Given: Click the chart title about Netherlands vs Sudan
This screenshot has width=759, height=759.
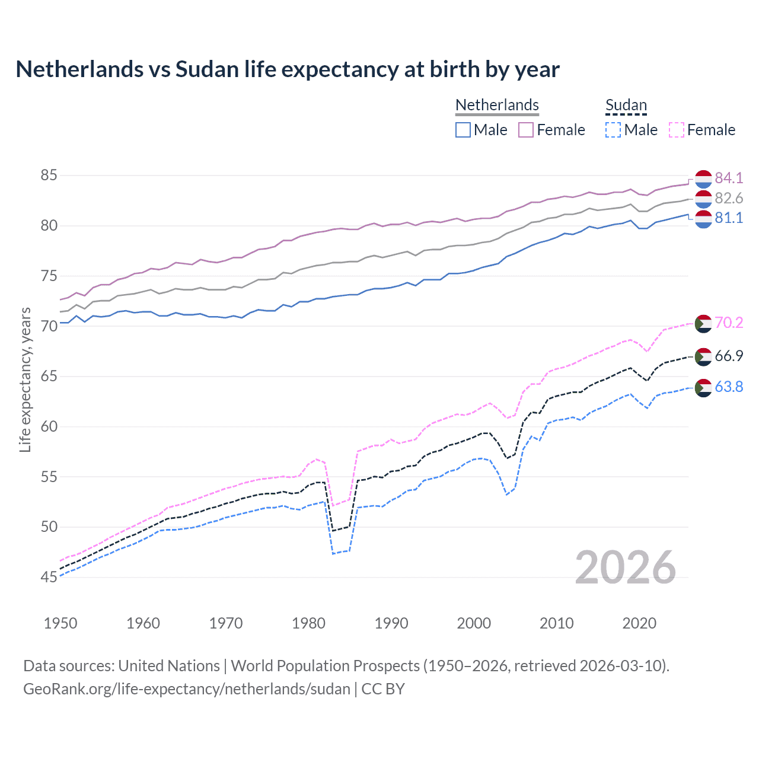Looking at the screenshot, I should point(288,69).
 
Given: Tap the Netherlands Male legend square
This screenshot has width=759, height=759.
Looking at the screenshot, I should point(463,130).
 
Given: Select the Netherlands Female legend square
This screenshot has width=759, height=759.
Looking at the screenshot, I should point(526,130).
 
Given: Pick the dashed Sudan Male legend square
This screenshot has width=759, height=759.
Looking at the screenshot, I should point(613,130).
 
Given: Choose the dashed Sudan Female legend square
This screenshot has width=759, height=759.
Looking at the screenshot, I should point(676,130).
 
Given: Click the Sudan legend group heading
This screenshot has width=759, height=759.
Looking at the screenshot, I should point(626,106).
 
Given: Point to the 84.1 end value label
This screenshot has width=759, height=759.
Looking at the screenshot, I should point(729,178).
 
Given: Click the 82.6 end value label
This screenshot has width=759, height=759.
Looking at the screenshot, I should point(729,198).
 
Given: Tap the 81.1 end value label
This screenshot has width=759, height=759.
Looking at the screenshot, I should point(729,218).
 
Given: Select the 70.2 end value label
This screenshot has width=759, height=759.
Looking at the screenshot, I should point(729,323).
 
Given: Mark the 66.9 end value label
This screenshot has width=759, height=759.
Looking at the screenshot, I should point(729,356).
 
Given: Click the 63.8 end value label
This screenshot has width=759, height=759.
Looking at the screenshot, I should point(729,387).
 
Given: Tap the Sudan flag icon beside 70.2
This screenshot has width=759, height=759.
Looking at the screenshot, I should point(703,324).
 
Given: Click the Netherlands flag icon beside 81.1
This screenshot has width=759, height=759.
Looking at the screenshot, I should point(703,219).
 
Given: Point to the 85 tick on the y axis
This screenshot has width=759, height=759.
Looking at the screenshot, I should point(49,176).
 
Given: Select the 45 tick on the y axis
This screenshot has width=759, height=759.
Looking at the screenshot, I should point(49,577).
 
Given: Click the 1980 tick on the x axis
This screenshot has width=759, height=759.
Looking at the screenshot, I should point(308,623).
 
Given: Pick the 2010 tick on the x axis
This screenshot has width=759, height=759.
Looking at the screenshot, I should point(556,623).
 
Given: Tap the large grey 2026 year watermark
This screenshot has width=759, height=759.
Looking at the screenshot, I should point(625,568).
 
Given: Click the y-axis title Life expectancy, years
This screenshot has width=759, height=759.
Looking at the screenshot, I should point(25,379).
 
